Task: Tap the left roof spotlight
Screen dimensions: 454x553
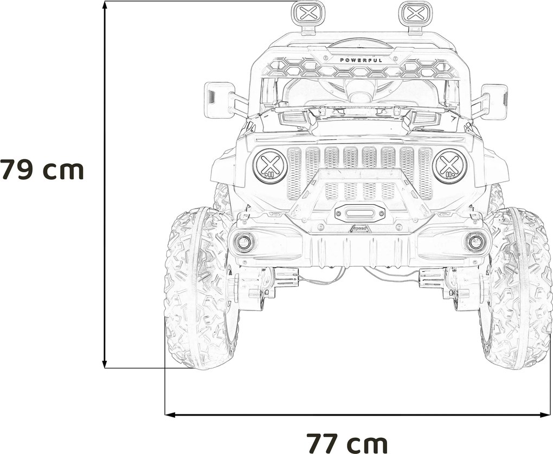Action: pyautogui.click(x=308, y=14)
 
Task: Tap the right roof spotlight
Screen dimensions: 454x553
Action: pyautogui.click(x=415, y=14)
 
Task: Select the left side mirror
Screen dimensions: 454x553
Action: pyautogui.click(x=219, y=100)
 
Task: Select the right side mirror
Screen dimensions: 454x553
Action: pyautogui.click(x=494, y=101)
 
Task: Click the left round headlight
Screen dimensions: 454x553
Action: pyautogui.click(x=270, y=166)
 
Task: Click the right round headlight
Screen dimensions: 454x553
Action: pyautogui.click(x=450, y=166)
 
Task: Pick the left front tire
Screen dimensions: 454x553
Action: pyautogui.click(x=201, y=287)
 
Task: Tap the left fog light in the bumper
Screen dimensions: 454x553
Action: pyautogui.click(x=244, y=242)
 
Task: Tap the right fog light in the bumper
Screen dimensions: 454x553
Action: pyautogui.click(x=475, y=242)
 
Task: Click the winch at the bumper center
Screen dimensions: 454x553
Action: pyautogui.click(x=360, y=212)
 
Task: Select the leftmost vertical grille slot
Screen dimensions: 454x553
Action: pyautogui.click(x=294, y=172)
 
